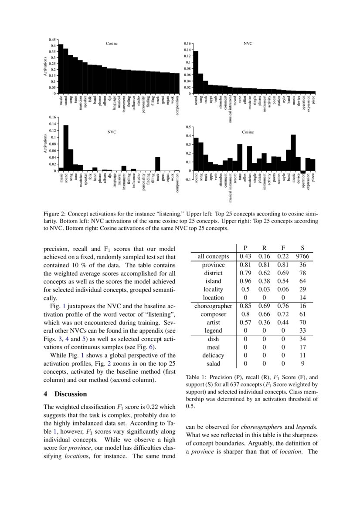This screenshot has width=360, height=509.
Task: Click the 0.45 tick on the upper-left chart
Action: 53,40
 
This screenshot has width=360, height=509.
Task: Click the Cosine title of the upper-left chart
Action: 112,44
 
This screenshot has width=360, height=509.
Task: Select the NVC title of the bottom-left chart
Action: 112,131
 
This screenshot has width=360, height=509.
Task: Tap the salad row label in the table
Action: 213,363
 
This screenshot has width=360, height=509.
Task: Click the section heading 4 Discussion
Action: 65,394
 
